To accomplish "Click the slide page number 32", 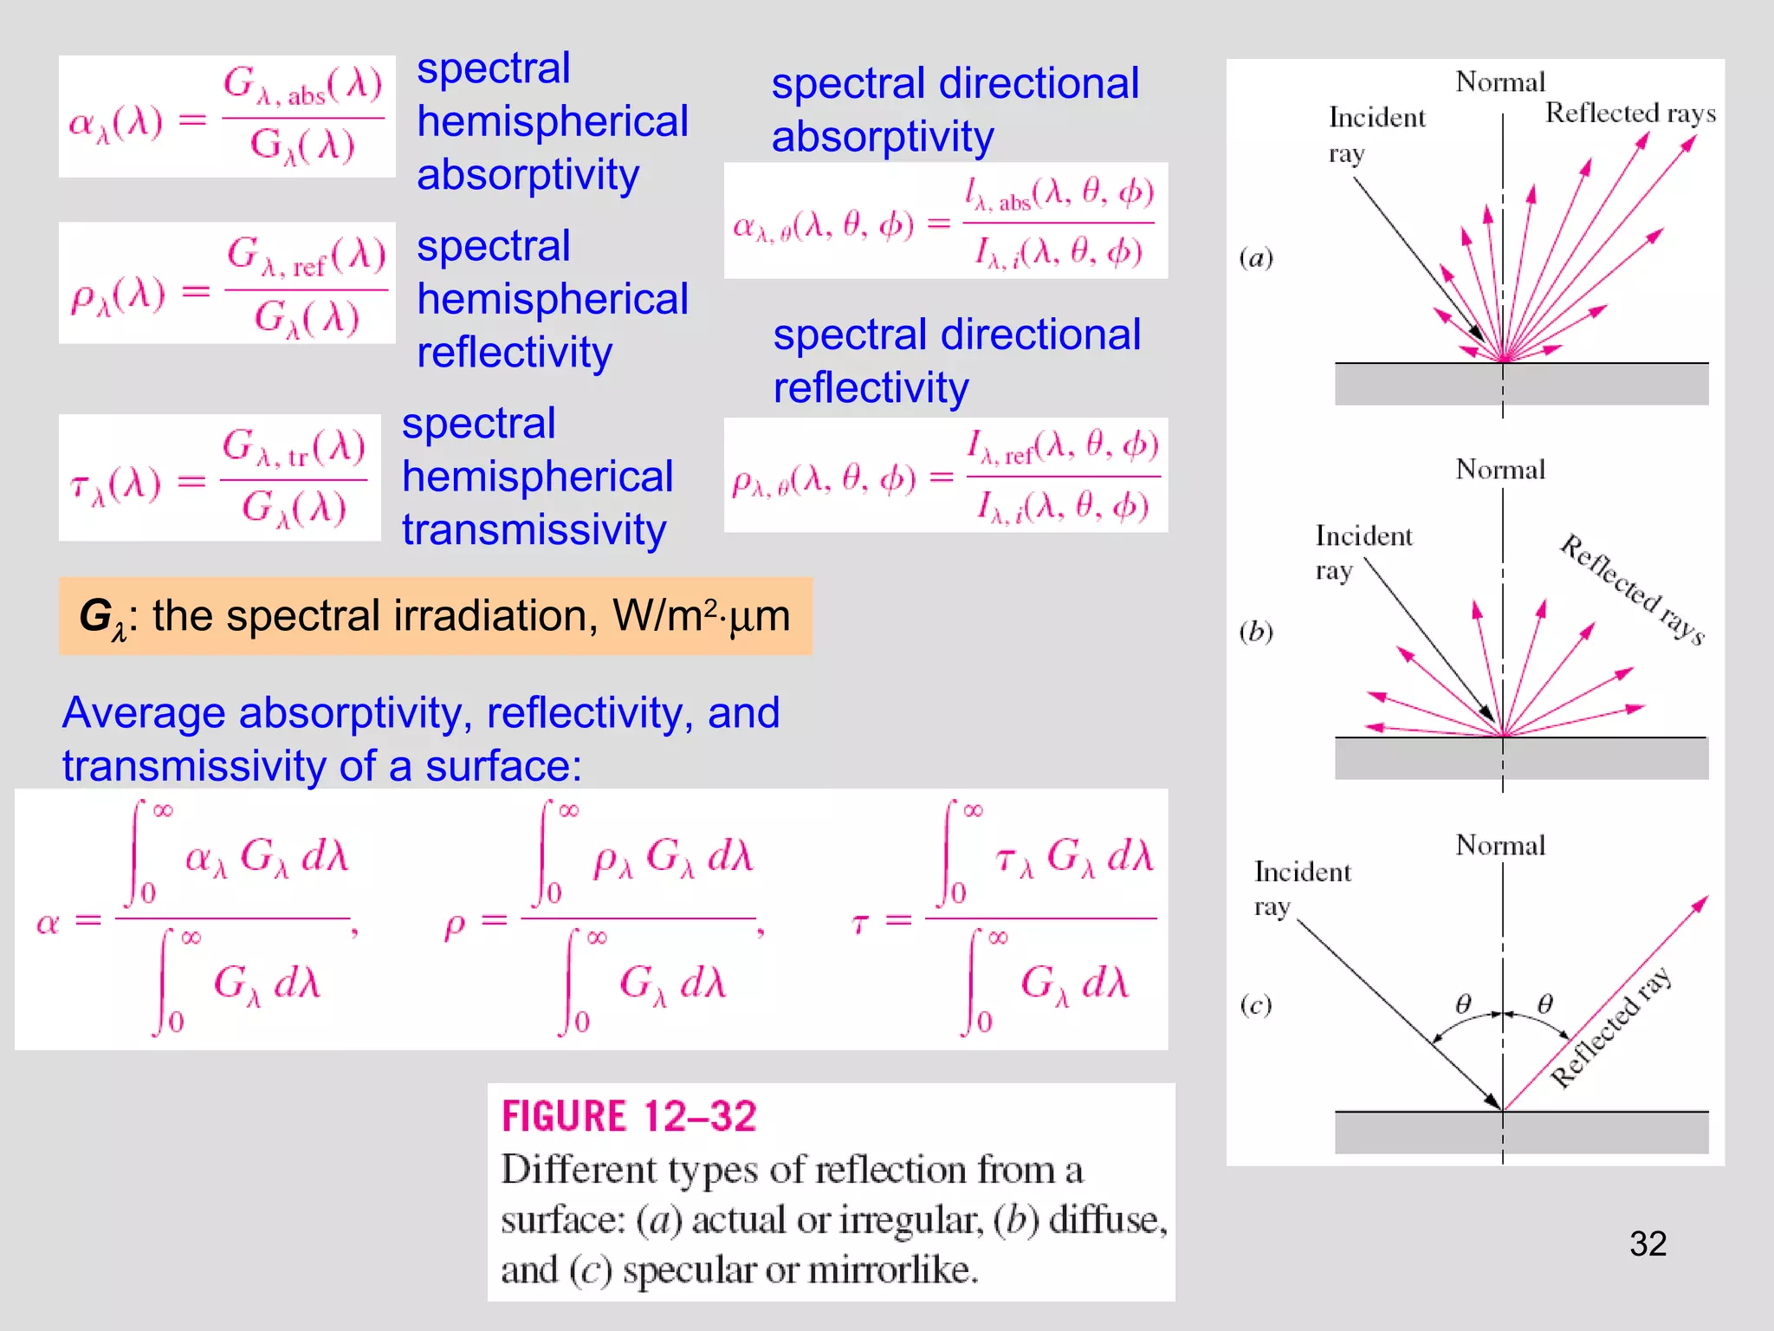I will [1648, 1244].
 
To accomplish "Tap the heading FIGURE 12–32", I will [629, 1116].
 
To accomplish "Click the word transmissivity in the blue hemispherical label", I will [534, 530].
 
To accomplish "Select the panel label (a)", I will [1256, 258].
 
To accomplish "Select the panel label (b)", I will [1256, 632].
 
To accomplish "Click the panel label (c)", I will [1256, 1005].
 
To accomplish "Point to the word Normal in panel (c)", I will [1500, 845].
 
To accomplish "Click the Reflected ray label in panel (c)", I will [1610, 1028].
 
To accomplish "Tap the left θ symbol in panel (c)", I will [1463, 1003].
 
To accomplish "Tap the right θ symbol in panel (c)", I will [1544, 1003].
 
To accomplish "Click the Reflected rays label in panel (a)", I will [1630, 114].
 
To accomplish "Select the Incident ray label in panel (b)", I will [1363, 553].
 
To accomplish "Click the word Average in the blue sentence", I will [143, 713].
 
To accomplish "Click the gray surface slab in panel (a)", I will [1521, 384].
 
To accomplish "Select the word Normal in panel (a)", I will [1500, 82].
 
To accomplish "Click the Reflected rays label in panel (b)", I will [1632, 589].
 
